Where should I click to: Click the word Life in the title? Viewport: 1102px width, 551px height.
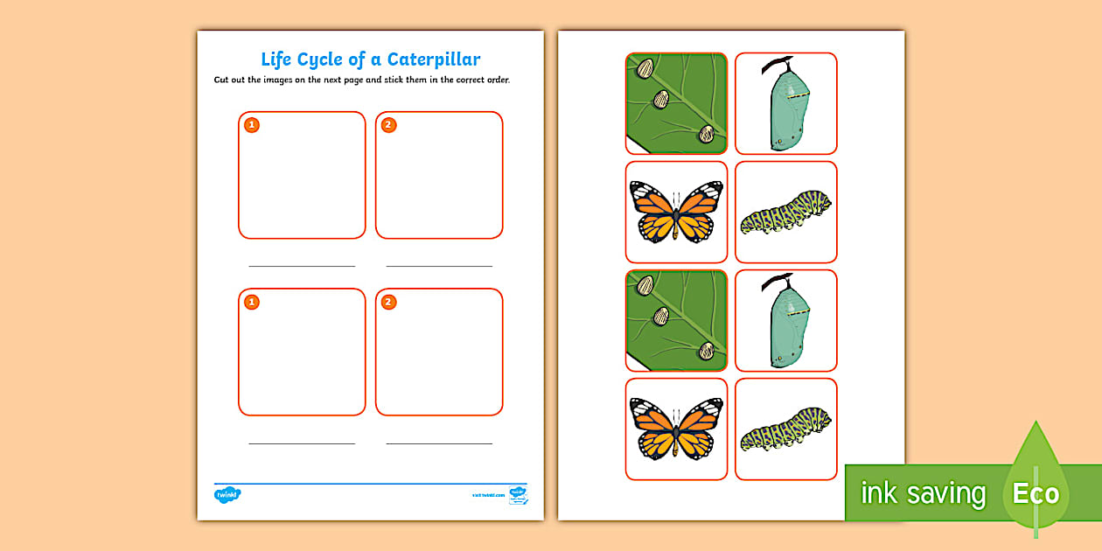coord(278,59)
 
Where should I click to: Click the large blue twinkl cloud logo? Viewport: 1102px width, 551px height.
coord(227,494)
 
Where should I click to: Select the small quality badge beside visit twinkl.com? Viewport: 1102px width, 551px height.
coord(518,495)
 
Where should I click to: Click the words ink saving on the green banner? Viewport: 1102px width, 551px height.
coord(923,493)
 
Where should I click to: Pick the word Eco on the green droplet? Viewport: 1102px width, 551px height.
coord(1036,493)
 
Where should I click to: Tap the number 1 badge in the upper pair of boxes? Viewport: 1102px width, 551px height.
coord(252,125)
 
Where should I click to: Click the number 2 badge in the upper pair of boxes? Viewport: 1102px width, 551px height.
coord(389,125)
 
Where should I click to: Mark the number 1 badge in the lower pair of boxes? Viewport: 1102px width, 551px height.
coord(252,303)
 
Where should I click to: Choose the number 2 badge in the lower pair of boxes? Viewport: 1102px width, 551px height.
coord(389,303)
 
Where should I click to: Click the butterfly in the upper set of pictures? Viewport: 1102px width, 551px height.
coord(676,212)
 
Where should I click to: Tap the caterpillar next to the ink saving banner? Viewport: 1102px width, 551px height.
coord(785,429)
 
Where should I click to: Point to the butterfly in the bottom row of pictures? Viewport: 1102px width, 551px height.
coord(676,429)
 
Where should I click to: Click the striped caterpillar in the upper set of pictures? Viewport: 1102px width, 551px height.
coord(785,213)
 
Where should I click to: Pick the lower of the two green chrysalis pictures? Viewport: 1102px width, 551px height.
coord(785,320)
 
